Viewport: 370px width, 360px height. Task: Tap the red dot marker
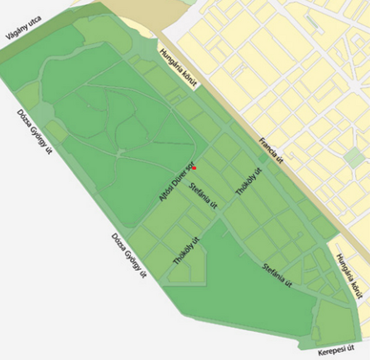coord(194,168)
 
